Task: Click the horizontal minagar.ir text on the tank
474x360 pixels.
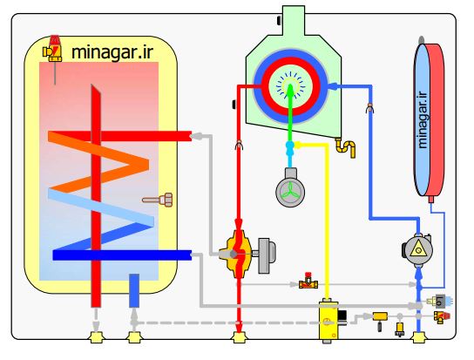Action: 112,52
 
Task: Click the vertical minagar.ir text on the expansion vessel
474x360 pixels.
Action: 423,119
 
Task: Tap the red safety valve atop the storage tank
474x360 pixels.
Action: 53,49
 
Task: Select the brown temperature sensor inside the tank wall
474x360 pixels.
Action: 158,200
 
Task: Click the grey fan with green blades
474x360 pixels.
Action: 290,188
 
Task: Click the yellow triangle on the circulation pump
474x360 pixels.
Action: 418,248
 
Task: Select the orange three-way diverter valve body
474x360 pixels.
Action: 236,255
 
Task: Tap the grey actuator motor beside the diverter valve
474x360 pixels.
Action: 267,255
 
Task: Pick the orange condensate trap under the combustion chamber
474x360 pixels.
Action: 346,147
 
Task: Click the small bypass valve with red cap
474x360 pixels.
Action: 308,281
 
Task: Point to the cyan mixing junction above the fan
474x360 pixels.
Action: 290,148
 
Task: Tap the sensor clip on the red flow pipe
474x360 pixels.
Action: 239,145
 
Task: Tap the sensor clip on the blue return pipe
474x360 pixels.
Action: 370,108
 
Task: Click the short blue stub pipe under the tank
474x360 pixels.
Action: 134,290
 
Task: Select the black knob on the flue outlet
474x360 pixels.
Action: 279,20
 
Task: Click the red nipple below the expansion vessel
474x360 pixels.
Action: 431,199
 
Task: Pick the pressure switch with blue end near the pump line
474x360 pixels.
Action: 440,301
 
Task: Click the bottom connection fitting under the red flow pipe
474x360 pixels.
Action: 239,337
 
